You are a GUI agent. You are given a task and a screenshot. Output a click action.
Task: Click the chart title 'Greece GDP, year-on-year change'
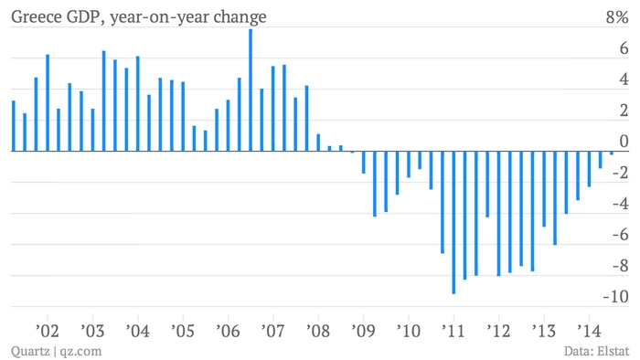139,17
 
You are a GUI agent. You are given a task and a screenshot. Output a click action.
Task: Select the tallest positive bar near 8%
251,90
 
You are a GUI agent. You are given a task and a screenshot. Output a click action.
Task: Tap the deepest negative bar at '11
453,223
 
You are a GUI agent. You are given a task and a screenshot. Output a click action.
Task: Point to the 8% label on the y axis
617,17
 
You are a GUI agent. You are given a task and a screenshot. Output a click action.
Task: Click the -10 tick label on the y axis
616,296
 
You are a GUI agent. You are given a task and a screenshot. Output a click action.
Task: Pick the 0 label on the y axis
624,142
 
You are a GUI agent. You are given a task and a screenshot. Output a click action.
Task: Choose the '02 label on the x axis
48,331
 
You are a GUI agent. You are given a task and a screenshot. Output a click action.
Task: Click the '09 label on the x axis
363,331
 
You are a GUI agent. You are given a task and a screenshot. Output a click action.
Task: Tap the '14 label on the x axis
589,331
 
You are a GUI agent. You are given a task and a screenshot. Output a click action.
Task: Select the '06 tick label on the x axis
228,331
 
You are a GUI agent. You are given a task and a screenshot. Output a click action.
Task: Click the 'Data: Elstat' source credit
596,351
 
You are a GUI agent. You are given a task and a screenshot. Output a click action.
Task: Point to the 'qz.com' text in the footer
80,352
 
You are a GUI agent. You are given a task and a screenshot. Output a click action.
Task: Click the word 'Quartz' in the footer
30,351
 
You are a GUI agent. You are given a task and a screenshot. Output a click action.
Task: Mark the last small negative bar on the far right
612,153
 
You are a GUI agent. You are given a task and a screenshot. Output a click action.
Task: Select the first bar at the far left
14,126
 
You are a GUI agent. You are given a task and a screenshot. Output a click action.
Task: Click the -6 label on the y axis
621,235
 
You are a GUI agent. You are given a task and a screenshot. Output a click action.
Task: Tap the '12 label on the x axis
499,331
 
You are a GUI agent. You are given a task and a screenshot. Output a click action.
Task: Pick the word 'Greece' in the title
36,17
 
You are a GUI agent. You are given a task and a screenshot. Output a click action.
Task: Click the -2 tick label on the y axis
621,173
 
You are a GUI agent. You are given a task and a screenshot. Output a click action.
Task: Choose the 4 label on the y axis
624,79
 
